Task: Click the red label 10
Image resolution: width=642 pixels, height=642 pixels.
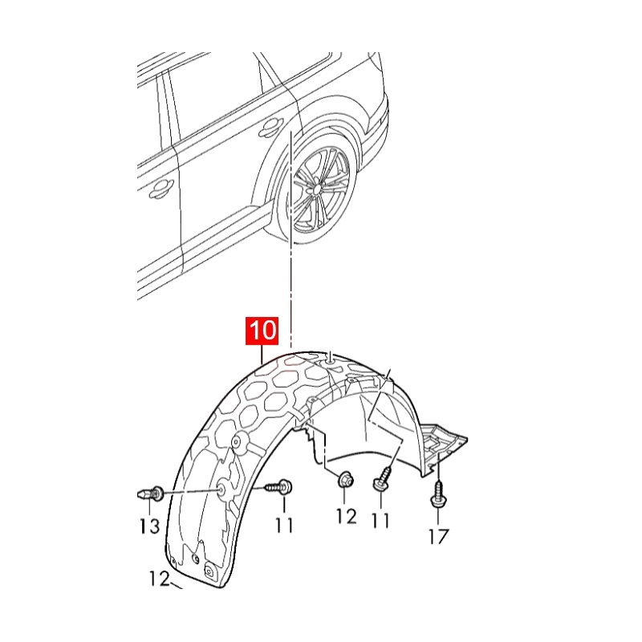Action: pos(262,331)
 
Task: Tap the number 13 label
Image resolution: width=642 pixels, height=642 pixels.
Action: pos(150,526)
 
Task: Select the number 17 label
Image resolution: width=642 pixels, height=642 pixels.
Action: pos(439,535)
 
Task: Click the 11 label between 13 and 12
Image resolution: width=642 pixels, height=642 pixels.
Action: pos(283,526)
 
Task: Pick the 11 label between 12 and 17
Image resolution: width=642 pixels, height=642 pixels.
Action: pos(380,520)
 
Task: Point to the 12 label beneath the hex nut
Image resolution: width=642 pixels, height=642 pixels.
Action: pos(346,516)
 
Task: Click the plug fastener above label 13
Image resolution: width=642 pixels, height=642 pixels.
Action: pos(150,493)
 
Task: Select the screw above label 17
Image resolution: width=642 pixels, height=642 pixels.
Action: pos(438,494)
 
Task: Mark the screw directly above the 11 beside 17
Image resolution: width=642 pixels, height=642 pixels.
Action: pos(381,481)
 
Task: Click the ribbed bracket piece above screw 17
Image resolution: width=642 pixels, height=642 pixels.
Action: pos(440,441)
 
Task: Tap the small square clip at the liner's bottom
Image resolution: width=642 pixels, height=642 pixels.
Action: pos(210,571)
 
